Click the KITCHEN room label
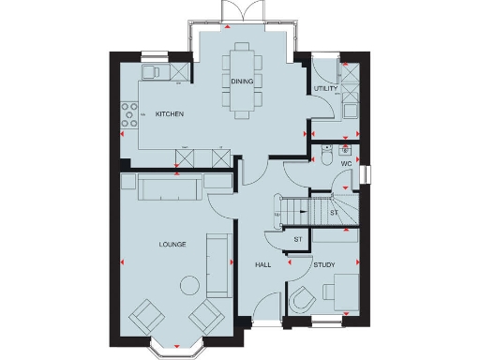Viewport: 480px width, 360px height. click(170, 114)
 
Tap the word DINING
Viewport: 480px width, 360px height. click(242, 82)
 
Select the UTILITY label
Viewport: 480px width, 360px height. click(325, 88)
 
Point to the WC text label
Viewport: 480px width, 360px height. click(346, 164)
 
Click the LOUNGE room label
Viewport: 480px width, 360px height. click(172, 245)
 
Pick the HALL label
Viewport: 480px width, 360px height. click(263, 265)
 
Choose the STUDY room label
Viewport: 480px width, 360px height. click(325, 265)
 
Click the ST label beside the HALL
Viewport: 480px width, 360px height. click(298, 240)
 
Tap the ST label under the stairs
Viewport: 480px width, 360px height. click(334, 214)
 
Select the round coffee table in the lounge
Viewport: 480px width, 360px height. click(190, 285)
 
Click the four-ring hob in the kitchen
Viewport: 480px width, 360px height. click(126, 115)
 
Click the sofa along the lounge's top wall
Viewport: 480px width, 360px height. click(169, 188)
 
